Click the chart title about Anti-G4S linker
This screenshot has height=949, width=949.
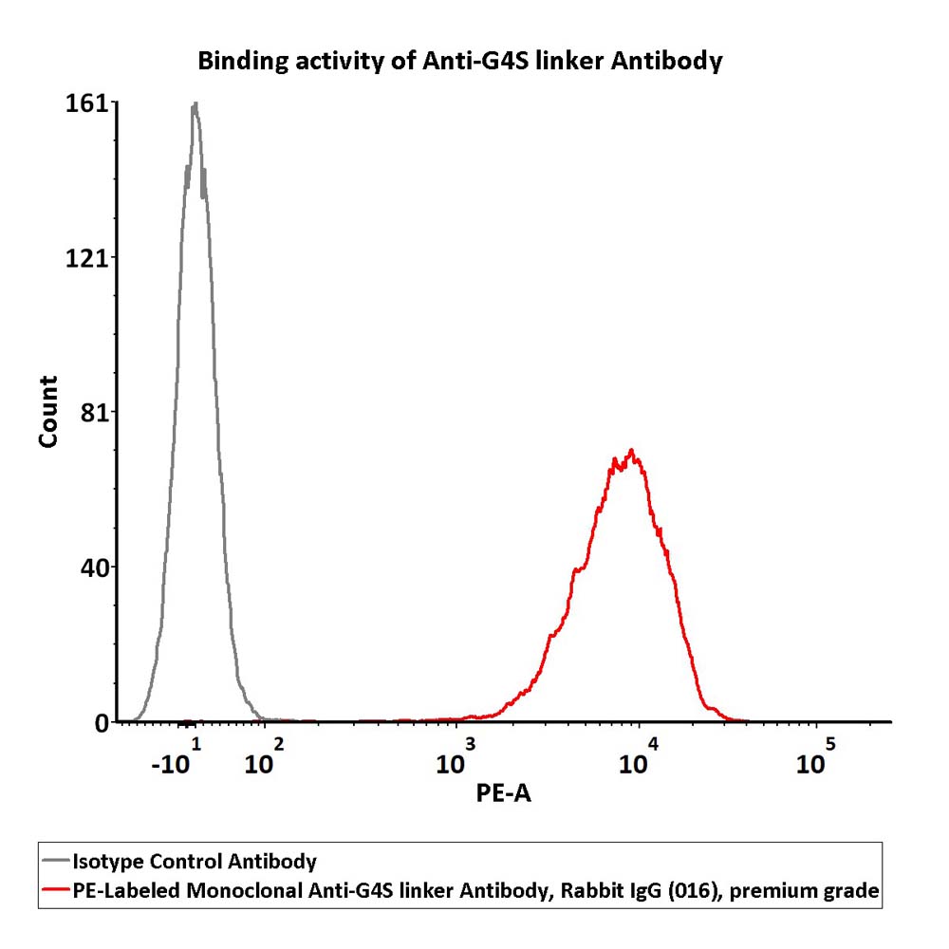[x=460, y=61]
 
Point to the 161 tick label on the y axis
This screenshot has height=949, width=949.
[x=86, y=103]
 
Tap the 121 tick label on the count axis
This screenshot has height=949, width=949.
[x=86, y=258]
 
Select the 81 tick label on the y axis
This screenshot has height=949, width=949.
[x=94, y=414]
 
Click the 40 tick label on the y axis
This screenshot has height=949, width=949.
[x=94, y=568]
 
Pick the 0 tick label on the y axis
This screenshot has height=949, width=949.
[x=102, y=723]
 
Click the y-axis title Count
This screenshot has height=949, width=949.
[x=47, y=412]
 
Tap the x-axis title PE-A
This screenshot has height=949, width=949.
[x=504, y=792]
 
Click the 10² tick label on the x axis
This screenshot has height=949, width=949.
[x=265, y=756]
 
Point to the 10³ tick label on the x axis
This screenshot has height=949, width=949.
[x=456, y=756]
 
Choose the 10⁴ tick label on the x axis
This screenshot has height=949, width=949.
[x=639, y=756]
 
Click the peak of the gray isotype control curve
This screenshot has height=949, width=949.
[x=195, y=102]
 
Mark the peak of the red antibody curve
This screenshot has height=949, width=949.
[x=631, y=450]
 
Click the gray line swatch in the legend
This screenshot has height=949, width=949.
[x=56, y=860]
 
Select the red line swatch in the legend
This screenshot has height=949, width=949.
[x=56, y=889]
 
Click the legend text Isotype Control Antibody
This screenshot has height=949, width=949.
[x=195, y=862]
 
